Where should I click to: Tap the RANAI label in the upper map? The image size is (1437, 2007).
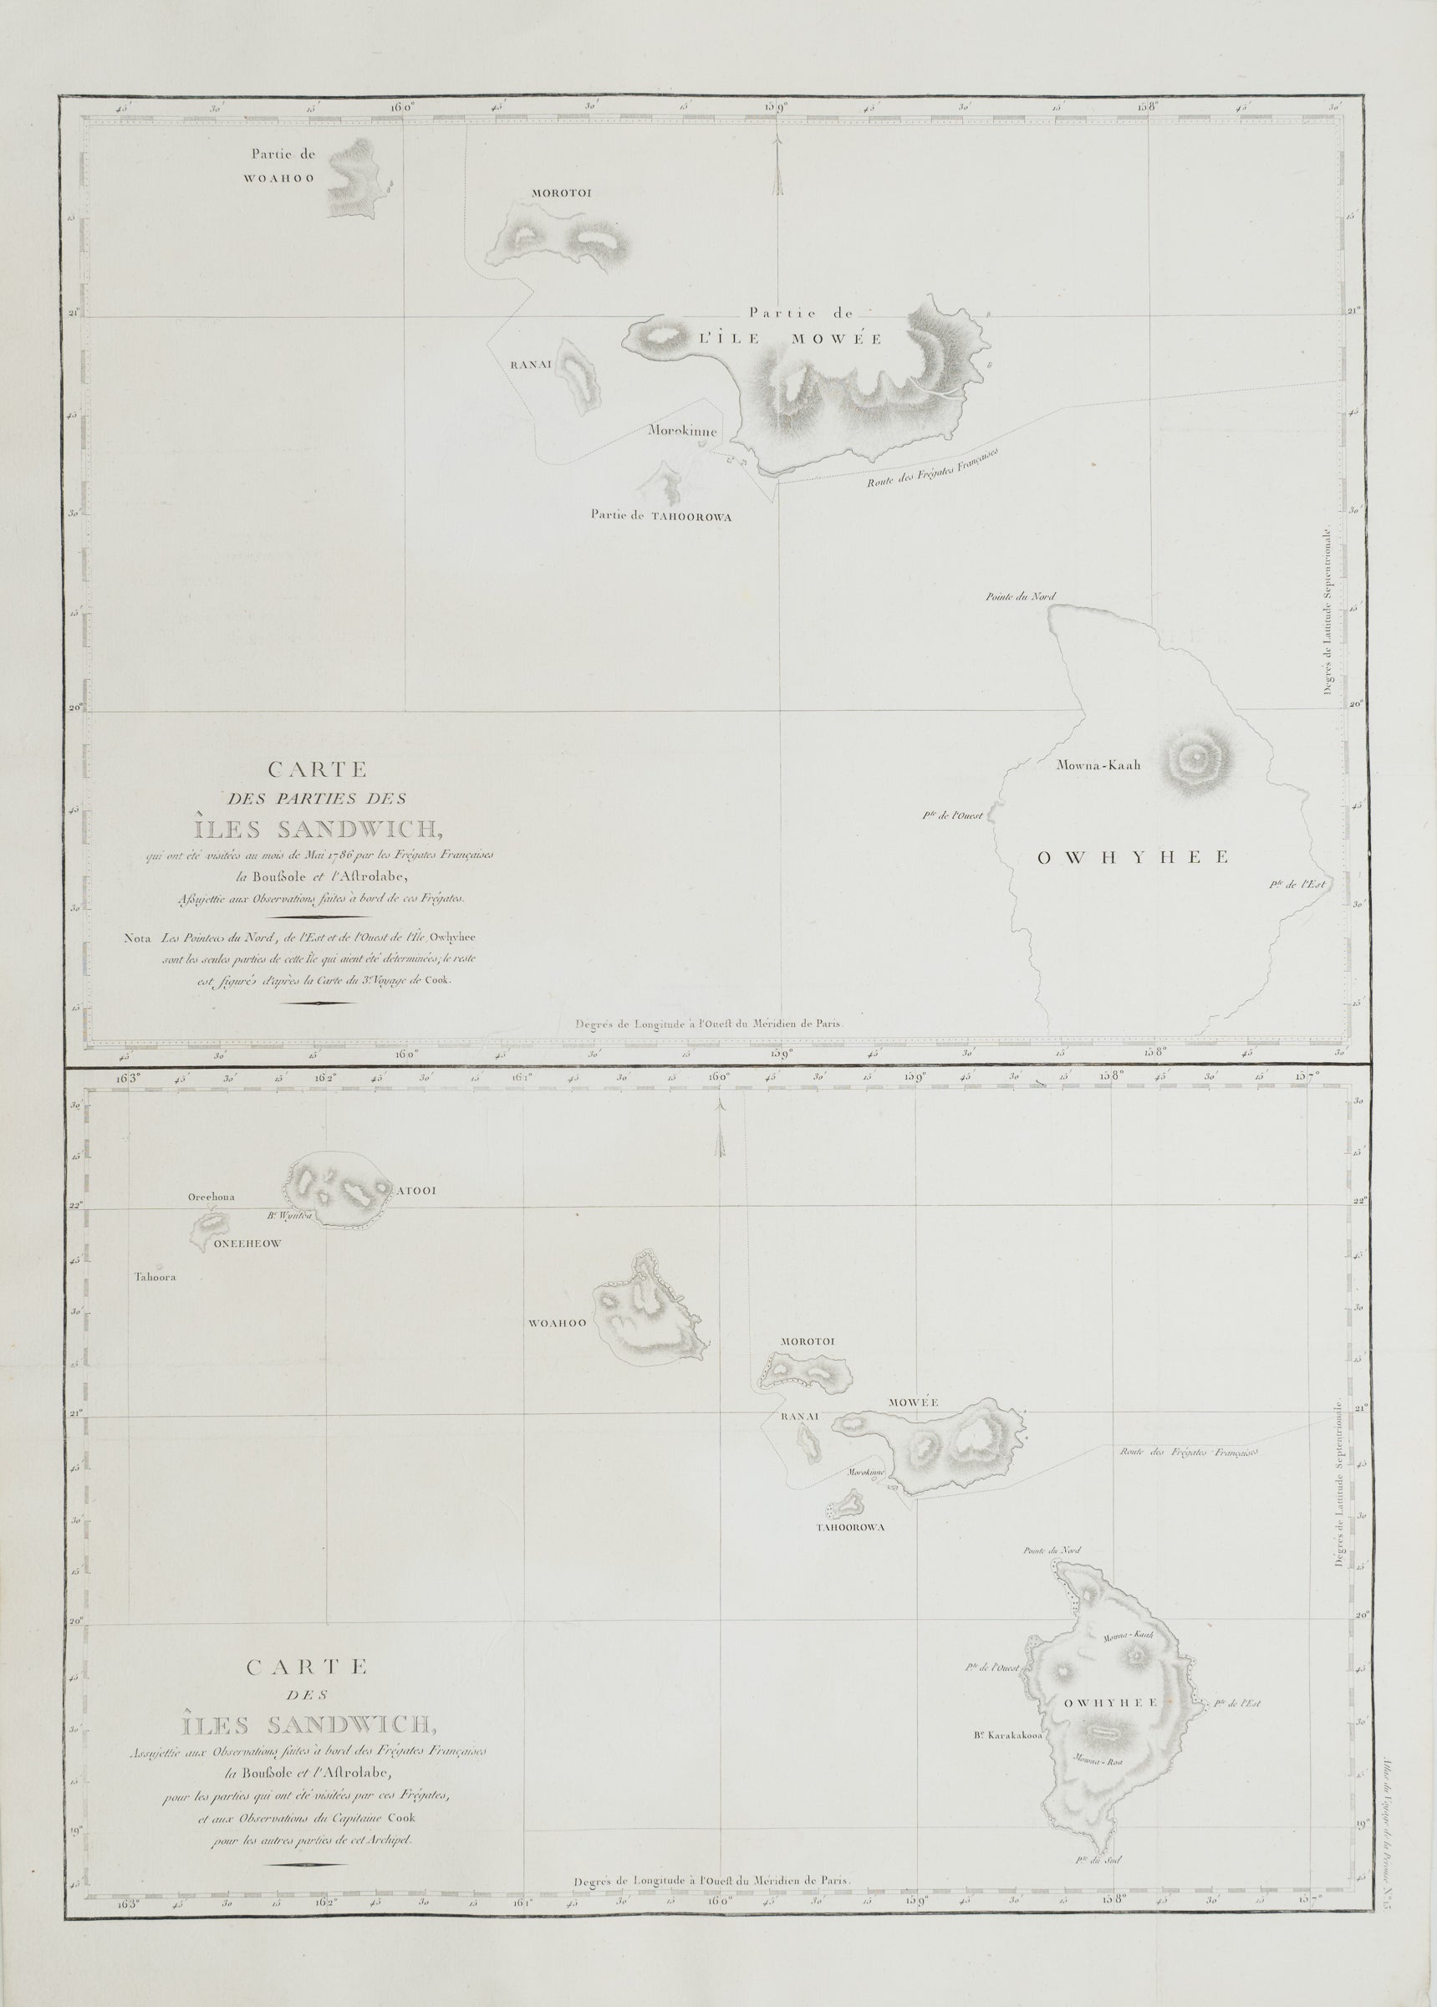pos(529,364)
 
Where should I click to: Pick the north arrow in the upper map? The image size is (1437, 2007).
pos(777,168)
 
